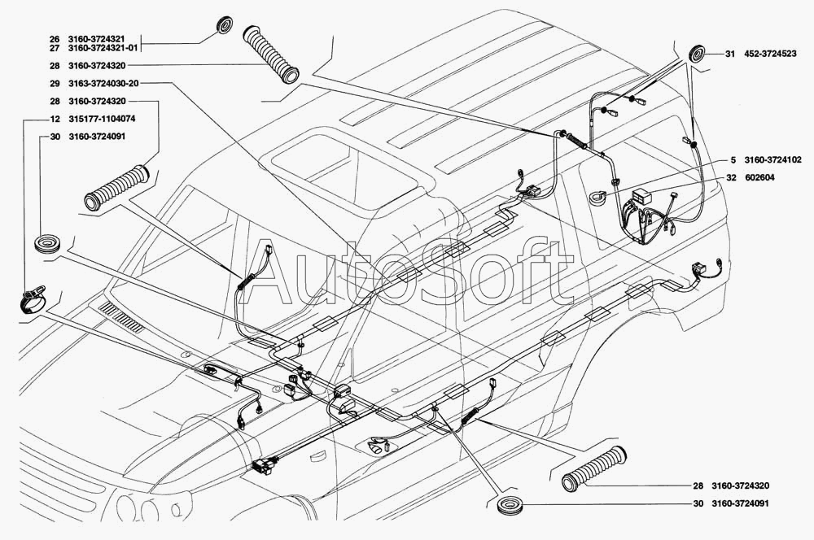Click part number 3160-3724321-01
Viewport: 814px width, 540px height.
103,48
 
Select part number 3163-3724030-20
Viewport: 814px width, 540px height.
103,84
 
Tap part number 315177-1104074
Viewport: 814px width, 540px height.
102,119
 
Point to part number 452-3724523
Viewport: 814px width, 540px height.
770,54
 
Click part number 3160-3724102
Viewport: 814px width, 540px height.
772,159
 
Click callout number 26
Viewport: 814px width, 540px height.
55,39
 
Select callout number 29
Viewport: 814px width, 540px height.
55,84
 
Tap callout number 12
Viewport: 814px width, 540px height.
55,119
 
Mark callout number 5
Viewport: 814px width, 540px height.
733,159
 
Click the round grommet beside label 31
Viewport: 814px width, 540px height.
697,54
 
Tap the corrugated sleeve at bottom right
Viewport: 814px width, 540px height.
594,468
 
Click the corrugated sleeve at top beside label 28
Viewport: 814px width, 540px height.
271,53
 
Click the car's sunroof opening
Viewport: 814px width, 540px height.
344,171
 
